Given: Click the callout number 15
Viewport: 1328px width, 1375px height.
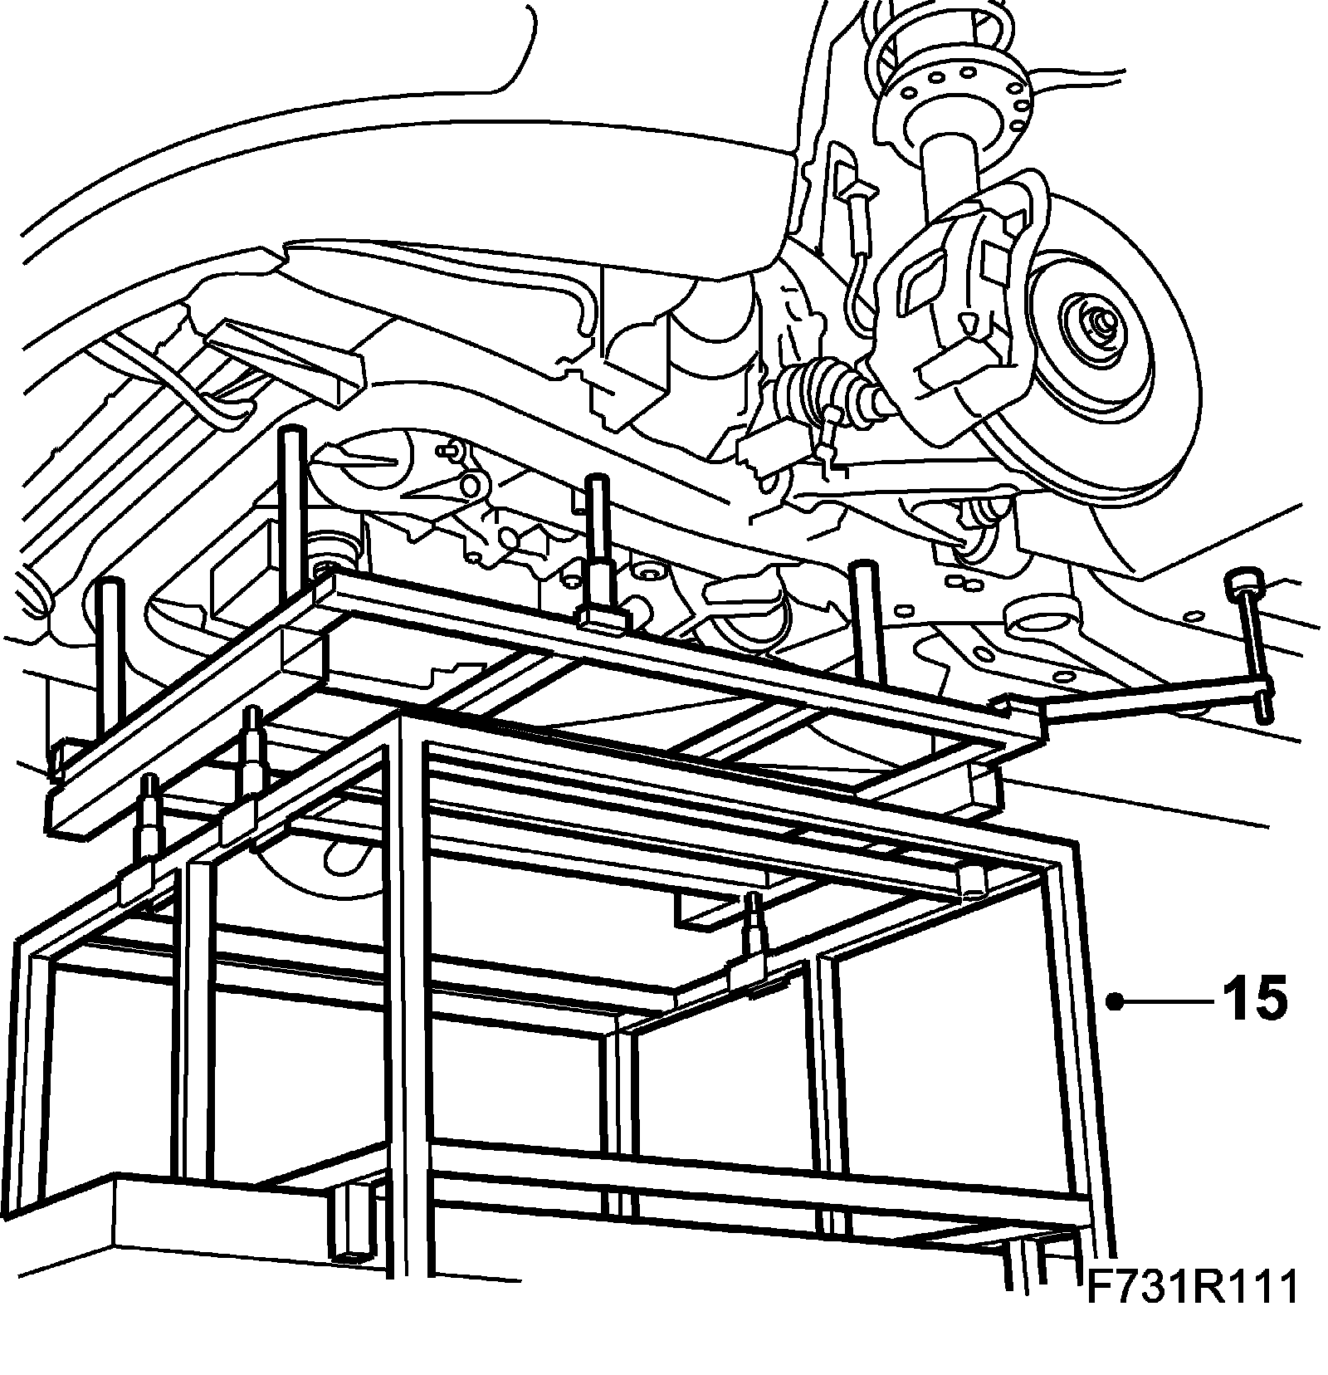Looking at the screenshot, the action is (1254, 999).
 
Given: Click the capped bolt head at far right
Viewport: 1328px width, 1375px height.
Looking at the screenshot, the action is (1243, 580).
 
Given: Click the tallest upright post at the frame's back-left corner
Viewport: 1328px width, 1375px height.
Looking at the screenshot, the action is (293, 498).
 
